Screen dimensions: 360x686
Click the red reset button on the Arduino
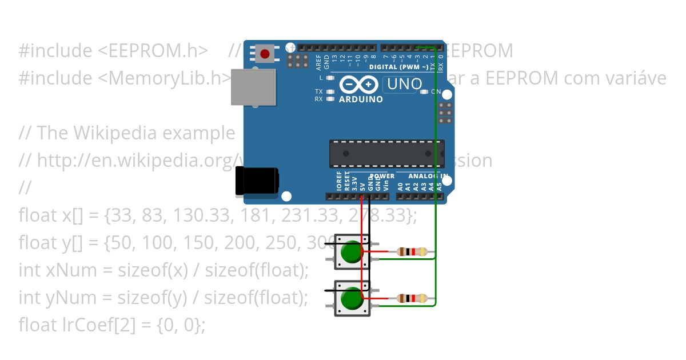(265, 54)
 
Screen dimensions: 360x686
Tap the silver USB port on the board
(253, 87)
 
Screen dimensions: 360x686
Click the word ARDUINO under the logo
(361, 99)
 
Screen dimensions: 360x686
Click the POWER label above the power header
(382, 176)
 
